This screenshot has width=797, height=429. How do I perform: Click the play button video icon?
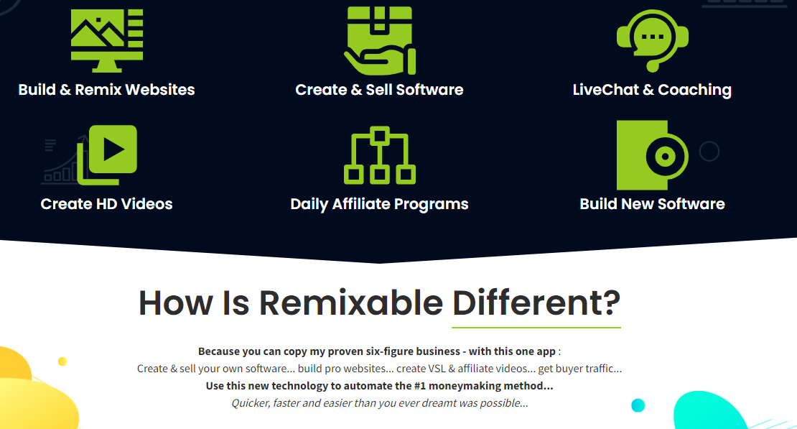[107, 154]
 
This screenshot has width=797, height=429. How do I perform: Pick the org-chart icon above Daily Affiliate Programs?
[380, 155]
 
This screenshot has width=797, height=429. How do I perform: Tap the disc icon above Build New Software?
[653, 155]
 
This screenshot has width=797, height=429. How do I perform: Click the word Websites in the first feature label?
[160, 90]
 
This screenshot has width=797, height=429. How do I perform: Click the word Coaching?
[695, 90]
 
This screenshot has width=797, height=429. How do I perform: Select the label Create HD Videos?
[107, 204]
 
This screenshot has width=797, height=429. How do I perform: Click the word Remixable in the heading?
[350, 303]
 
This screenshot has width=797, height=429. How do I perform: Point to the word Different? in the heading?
[536, 303]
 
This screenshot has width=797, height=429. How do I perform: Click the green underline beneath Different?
[536, 327]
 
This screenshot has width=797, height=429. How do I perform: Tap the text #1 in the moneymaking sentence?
[420, 386]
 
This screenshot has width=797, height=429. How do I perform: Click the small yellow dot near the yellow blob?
[62, 361]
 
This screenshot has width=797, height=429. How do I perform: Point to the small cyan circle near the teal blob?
[638, 405]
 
